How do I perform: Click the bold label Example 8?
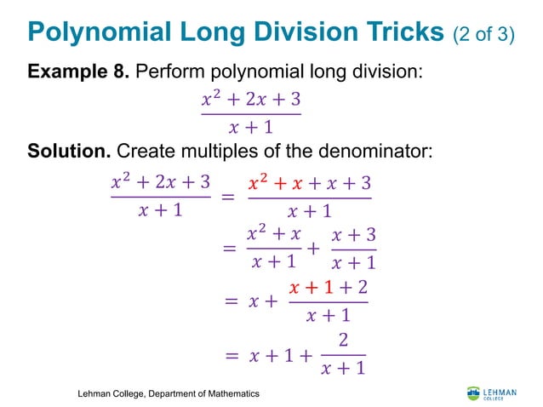pyautogui.click(x=77, y=72)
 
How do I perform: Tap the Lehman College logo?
pyautogui.click(x=490, y=393)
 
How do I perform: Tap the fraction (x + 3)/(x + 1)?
pyautogui.click(x=353, y=248)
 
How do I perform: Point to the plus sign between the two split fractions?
pyautogui.click(x=312, y=249)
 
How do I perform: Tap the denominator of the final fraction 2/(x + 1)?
pyautogui.click(x=344, y=369)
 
